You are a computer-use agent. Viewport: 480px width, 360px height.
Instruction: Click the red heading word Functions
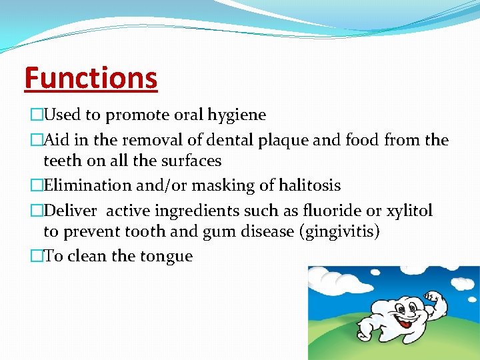[x=91, y=77]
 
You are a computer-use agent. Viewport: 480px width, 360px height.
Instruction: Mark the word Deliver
[x=70, y=211]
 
